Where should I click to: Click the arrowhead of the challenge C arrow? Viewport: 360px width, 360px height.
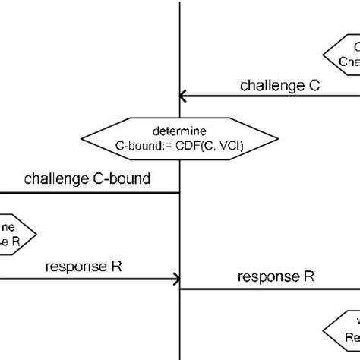183,96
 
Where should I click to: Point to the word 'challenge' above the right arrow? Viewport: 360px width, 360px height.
270,85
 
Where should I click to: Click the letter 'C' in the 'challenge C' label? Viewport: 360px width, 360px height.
314,85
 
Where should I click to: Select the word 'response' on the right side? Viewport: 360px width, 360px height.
267,276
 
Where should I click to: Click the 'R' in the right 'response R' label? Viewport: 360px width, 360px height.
309,276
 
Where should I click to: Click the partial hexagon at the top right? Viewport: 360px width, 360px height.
343,55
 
